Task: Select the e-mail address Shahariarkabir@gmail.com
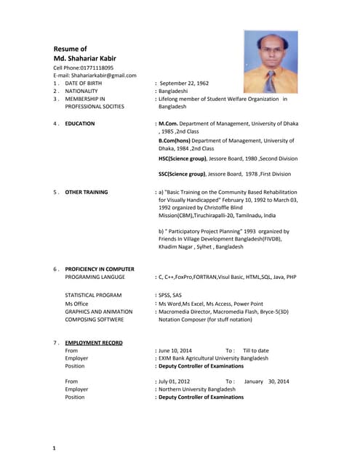pyautogui.click(x=104, y=75)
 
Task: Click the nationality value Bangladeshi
pyautogui.click(x=178, y=91)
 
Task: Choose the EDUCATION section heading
pyautogui.click(x=80, y=124)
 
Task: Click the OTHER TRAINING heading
pyautogui.click(x=87, y=193)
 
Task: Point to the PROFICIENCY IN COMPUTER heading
pyautogui.click(x=100, y=269)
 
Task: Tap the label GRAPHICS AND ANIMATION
pyautogui.click(x=99, y=311)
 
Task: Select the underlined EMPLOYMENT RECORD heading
pyautogui.click(x=94, y=342)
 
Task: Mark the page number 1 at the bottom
pyautogui.click(x=55, y=449)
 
